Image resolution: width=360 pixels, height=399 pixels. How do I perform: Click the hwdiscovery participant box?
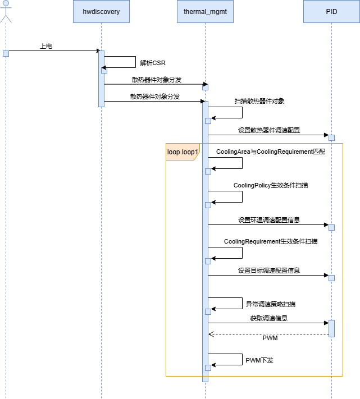tap(101, 11)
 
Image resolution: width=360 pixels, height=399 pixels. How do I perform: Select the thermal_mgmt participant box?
tap(205, 11)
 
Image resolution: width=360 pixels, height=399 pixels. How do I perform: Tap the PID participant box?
tap(331, 11)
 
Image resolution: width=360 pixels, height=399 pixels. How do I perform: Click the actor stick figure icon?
tap(6, 11)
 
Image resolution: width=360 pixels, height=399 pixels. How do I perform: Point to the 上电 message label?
tap(46, 46)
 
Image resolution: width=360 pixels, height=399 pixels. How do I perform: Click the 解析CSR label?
tap(153, 63)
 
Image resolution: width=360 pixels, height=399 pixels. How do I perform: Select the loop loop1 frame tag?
tap(183, 152)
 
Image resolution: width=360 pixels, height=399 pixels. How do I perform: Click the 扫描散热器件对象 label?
tap(259, 101)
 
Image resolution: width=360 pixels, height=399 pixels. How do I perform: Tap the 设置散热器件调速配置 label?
tap(269, 130)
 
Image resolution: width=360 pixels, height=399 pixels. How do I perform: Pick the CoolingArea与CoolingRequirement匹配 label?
tap(271, 152)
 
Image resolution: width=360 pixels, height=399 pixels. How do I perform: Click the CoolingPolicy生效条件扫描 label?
tap(271, 185)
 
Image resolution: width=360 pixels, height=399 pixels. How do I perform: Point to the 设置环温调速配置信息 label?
tap(269, 220)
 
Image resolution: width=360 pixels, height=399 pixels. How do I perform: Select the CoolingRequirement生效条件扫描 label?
tap(271, 241)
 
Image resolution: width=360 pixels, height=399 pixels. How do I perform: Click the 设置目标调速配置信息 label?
tap(269, 270)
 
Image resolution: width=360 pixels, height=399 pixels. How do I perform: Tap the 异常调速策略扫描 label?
tap(271, 304)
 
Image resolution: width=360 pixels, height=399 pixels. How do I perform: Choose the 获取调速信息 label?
tap(269, 318)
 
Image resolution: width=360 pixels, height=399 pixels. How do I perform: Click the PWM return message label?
tap(270, 338)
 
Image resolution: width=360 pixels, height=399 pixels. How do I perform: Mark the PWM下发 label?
tap(259, 360)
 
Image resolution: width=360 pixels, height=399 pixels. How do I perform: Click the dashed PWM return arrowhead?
tap(211, 334)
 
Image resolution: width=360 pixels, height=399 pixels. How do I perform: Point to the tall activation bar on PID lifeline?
tap(331, 328)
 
